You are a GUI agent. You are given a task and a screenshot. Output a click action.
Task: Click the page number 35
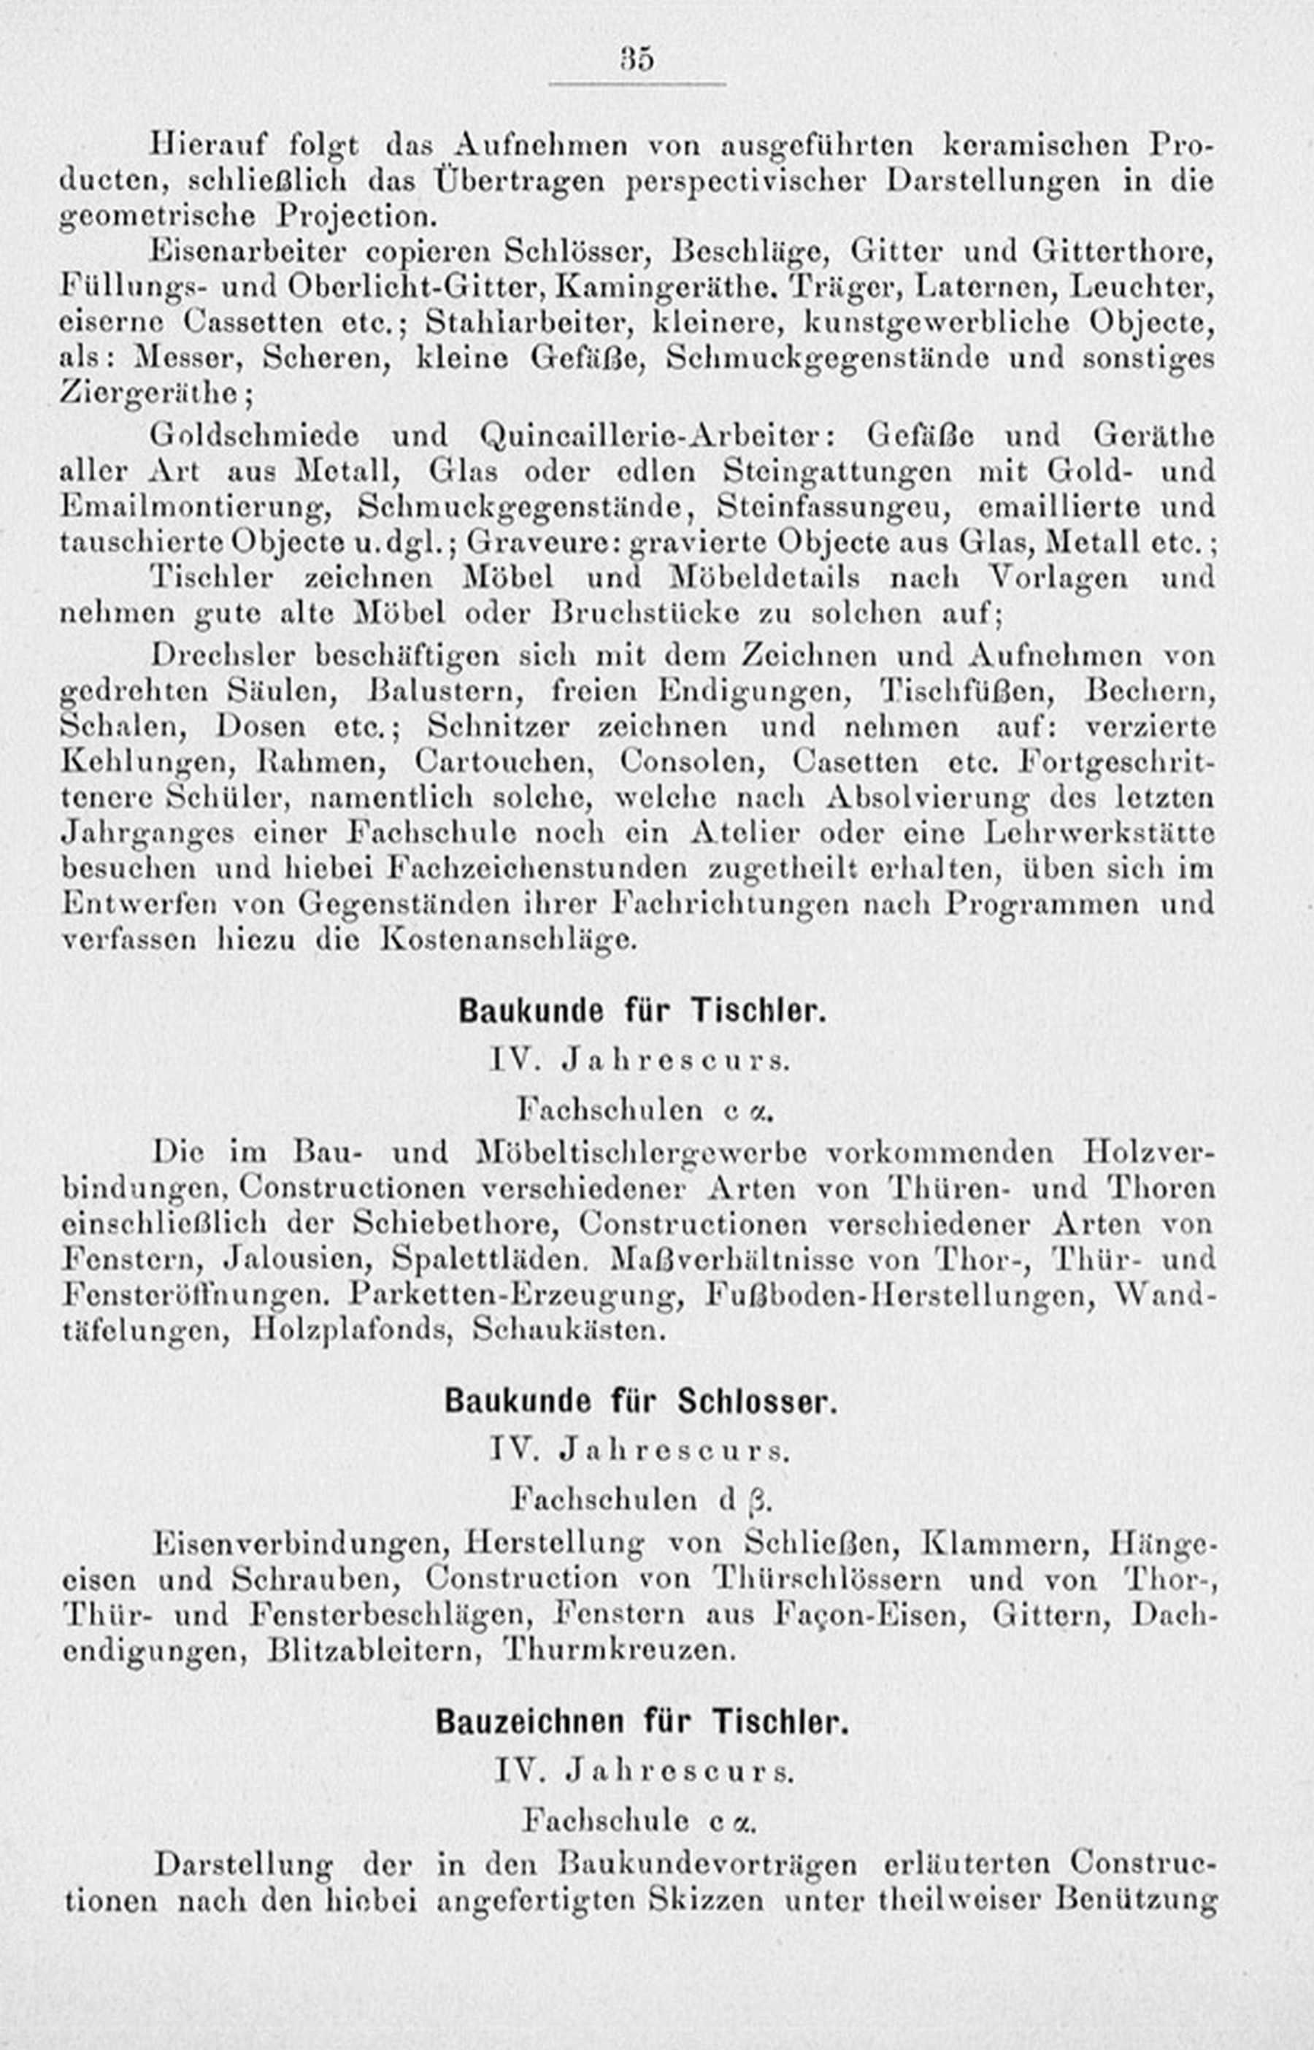tap(637, 61)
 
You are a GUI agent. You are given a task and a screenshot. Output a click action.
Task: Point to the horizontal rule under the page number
tap(637, 85)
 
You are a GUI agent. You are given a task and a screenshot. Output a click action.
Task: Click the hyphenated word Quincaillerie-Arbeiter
tap(656, 435)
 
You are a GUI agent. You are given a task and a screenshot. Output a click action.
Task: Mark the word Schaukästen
tap(567, 1330)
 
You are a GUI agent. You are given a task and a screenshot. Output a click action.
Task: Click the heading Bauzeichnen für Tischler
tap(642, 1722)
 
